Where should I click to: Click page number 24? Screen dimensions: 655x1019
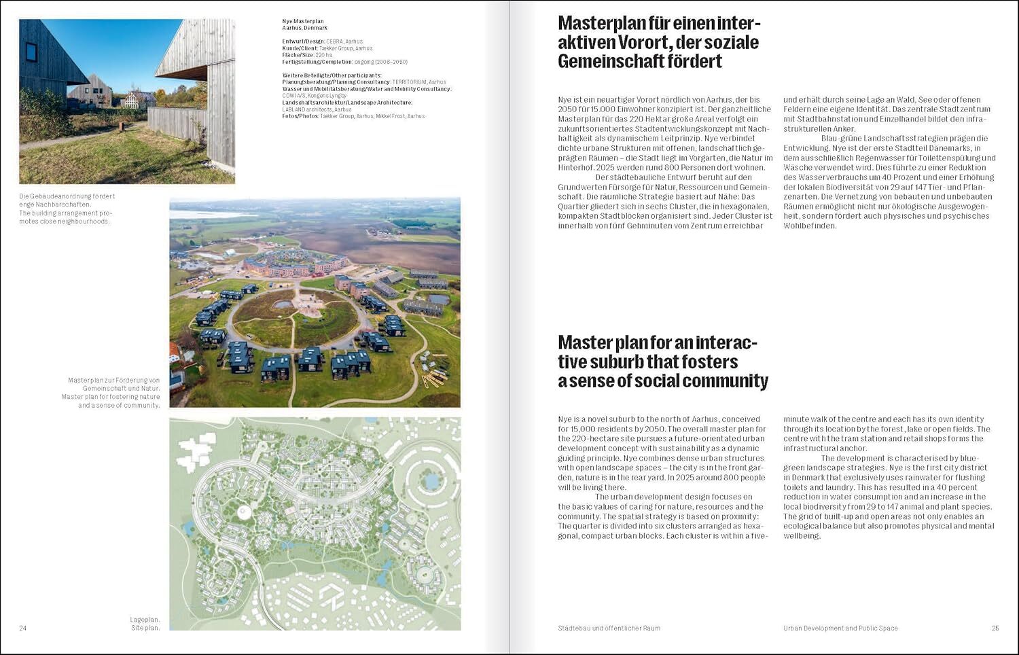click(x=22, y=628)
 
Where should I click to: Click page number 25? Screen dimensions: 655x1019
click(x=995, y=628)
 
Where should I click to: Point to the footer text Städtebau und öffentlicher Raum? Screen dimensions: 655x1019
click(x=609, y=628)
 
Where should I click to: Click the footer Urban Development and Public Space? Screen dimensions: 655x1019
click(x=840, y=628)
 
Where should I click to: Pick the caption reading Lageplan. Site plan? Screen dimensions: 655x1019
click(x=145, y=624)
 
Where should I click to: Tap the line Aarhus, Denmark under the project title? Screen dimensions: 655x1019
click(x=305, y=28)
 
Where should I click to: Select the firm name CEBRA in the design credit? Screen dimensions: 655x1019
click(x=334, y=41)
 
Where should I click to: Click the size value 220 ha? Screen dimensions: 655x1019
click(x=325, y=55)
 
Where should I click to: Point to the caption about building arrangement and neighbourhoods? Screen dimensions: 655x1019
click(x=67, y=209)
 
